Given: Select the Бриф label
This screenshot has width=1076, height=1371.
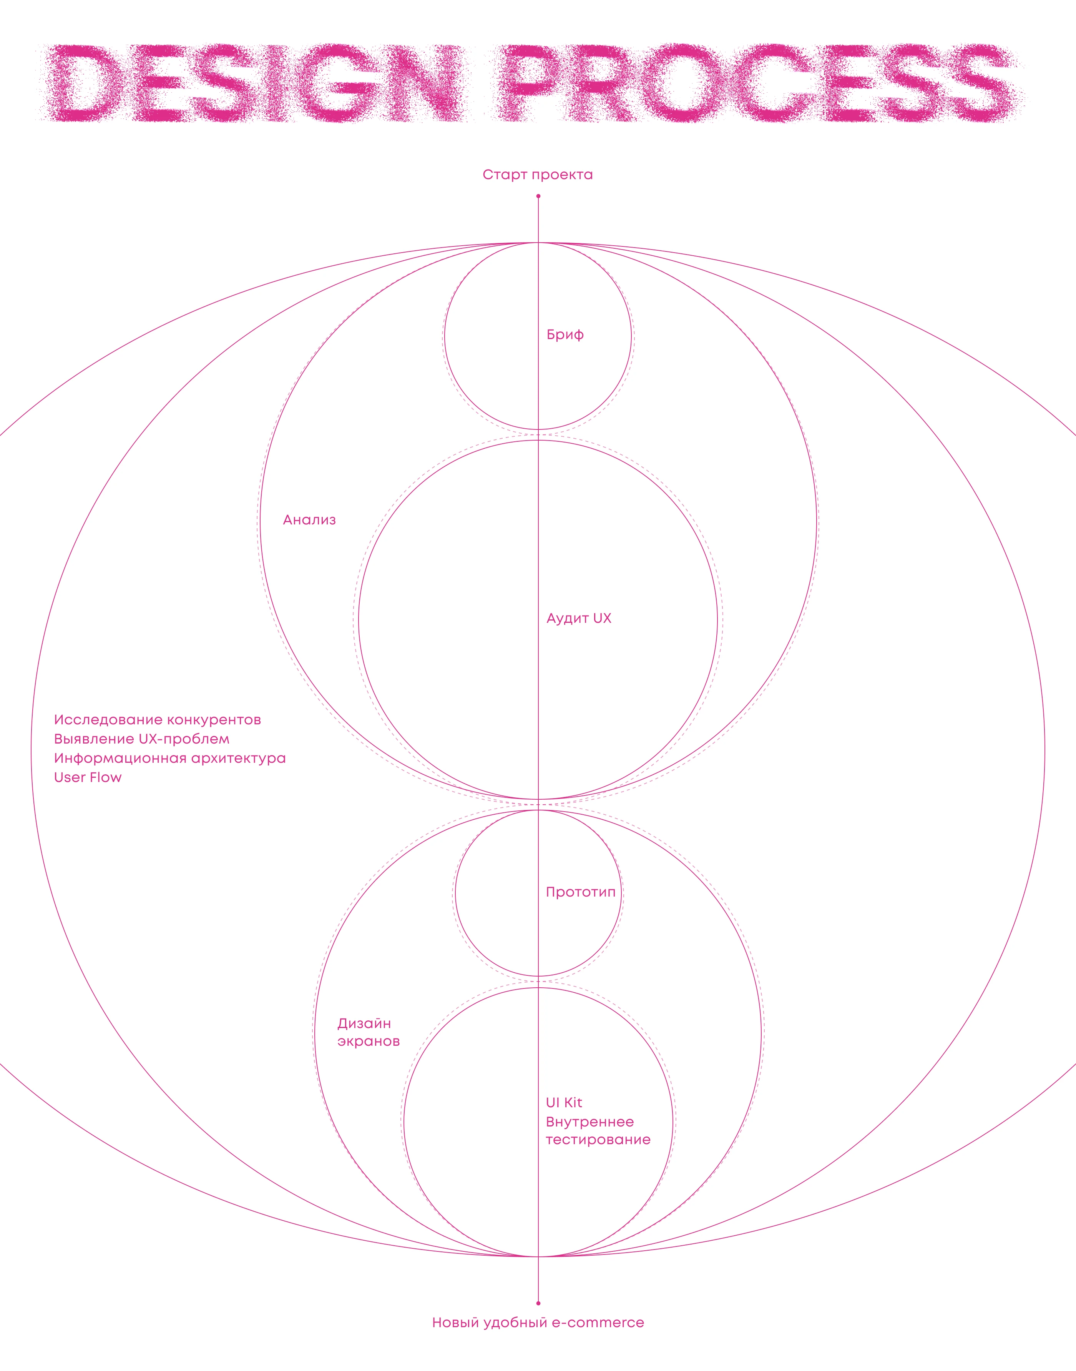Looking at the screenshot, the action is [565, 335].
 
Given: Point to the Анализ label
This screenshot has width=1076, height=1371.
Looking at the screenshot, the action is [309, 520].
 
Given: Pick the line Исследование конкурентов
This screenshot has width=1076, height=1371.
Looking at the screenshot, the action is [158, 720].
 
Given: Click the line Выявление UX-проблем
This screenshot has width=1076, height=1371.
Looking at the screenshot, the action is [142, 739].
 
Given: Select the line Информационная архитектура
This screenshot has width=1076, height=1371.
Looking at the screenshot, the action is [170, 758].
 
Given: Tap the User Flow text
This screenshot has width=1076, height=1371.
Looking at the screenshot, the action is [88, 777].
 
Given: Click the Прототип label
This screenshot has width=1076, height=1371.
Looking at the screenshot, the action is [580, 892].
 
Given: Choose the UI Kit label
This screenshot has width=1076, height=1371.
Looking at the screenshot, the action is [564, 1103].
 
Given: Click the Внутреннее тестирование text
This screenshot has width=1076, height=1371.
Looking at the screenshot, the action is [598, 1131].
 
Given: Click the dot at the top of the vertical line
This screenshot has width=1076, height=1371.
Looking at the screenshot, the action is [538, 196].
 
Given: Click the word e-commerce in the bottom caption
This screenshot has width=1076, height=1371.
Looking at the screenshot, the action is [598, 1323].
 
